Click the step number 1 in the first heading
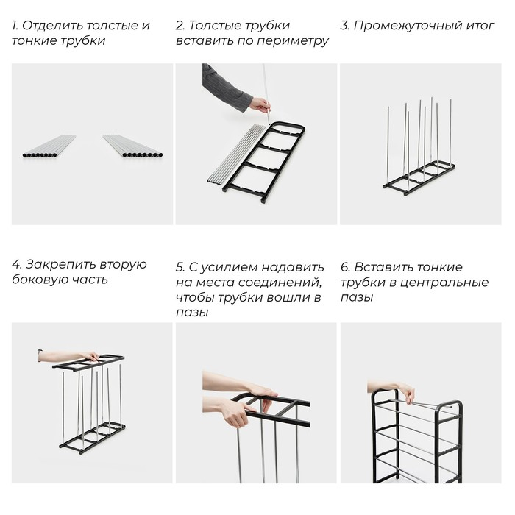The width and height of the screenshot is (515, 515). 14,26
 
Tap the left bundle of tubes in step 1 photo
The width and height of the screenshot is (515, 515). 49,146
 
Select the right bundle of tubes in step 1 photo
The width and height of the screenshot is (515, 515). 133,146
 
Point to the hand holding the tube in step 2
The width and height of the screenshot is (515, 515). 259,104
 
